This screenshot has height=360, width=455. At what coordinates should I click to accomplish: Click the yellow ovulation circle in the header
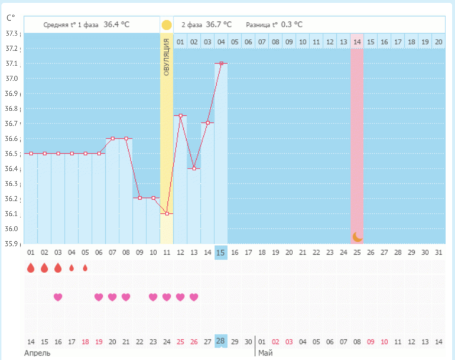pos(167,25)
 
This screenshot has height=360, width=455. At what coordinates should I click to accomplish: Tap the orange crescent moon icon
pos(357,236)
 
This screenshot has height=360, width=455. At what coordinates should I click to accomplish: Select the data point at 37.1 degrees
pos(221,63)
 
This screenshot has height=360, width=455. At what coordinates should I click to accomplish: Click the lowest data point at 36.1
pos(167,213)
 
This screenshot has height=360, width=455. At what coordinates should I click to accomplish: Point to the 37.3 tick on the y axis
pos(12,34)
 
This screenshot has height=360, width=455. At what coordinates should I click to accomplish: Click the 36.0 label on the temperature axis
pos(12,229)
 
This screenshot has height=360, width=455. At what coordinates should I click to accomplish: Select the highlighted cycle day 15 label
pos(221,252)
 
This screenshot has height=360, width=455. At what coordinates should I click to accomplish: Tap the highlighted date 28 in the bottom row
pos(221,342)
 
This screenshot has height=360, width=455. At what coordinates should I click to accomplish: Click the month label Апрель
pos(37,353)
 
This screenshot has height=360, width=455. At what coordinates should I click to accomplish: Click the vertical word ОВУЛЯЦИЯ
pos(167,57)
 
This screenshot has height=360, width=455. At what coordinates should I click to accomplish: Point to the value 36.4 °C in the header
pos(116,25)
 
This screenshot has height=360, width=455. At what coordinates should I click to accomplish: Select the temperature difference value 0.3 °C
pos(291,25)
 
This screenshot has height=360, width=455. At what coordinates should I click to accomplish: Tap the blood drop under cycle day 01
pos(31,268)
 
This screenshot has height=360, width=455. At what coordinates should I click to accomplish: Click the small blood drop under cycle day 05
pos(85,268)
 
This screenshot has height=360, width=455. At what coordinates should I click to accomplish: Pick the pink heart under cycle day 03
pos(58,297)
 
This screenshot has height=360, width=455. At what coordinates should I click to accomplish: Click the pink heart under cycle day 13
pos(194,297)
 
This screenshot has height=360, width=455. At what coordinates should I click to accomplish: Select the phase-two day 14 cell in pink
pos(357,42)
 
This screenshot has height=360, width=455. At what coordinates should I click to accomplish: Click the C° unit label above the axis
pos(11,18)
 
